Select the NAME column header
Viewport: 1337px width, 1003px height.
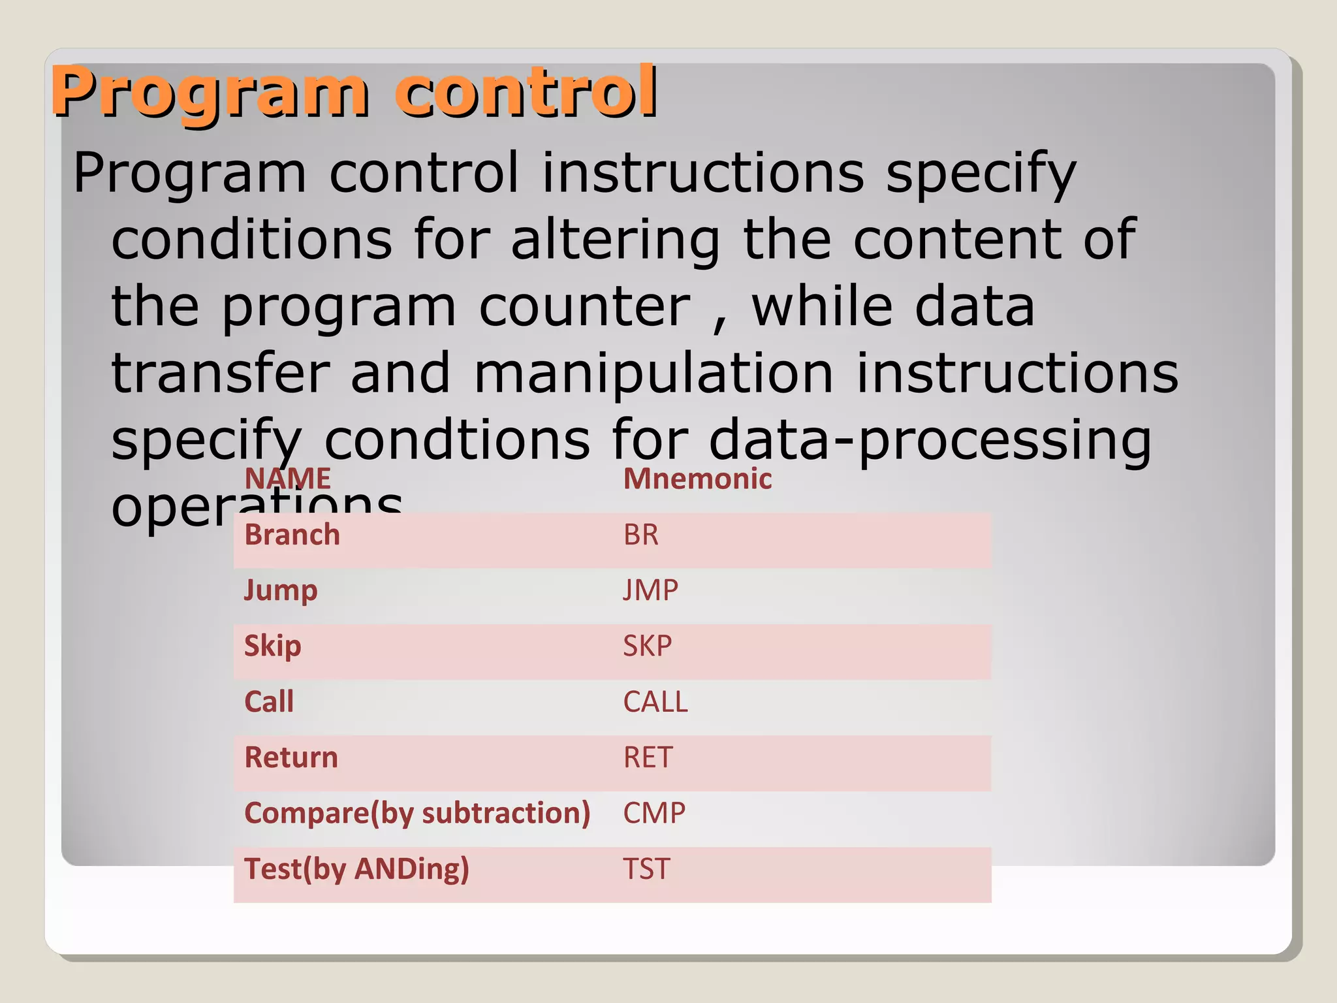287,479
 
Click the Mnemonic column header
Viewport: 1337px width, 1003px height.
697,479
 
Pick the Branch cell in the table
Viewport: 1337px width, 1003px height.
292,535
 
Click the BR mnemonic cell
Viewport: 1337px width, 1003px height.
640,535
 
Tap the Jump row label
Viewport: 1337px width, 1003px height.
281,591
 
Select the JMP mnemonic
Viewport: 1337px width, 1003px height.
650,591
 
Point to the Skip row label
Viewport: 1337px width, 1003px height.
272,646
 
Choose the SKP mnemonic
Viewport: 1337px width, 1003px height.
647,646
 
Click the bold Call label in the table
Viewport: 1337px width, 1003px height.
268,702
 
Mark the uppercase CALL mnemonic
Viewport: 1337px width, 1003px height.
655,702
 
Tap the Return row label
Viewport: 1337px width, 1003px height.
291,757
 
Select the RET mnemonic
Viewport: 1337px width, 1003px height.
647,757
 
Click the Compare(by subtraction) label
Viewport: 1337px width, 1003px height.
417,814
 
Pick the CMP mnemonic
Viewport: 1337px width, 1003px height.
653,814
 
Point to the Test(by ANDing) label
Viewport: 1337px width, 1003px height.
356,869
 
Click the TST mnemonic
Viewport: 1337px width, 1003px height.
646,869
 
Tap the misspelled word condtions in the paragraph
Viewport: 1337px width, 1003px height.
457,440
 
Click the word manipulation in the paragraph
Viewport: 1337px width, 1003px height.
653,373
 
